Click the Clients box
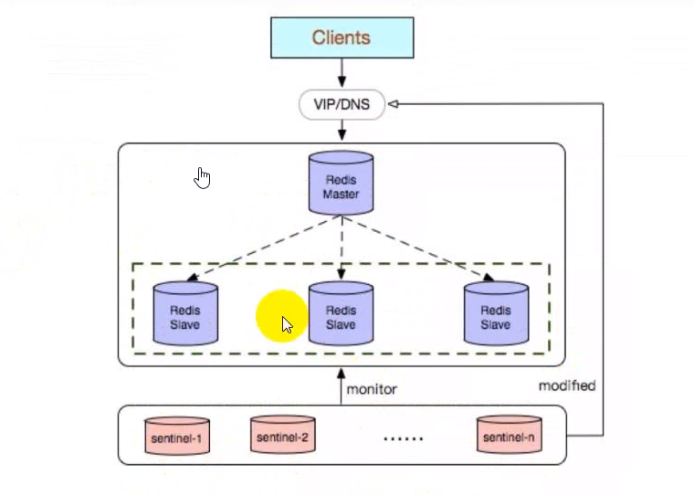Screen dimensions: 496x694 click(x=341, y=37)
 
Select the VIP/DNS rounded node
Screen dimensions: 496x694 click(x=341, y=105)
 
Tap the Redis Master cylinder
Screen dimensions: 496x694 click(x=341, y=184)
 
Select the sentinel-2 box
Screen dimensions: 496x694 click(x=281, y=437)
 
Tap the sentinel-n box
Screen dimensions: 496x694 click(x=508, y=438)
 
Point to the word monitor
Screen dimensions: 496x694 click(x=372, y=389)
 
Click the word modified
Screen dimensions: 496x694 click(x=566, y=385)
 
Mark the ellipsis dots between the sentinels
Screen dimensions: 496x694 click(x=403, y=438)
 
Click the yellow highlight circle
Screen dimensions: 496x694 click(x=281, y=316)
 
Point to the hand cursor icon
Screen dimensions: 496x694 click(x=203, y=177)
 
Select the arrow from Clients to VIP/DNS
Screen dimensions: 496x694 click(x=342, y=72)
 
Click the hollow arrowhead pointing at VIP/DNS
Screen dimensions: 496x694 click(x=394, y=105)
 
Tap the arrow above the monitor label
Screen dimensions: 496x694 click(x=341, y=384)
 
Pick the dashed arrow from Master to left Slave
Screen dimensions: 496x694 click(x=260, y=248)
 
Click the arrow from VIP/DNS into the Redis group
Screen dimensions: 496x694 click(x=342, y=131)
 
